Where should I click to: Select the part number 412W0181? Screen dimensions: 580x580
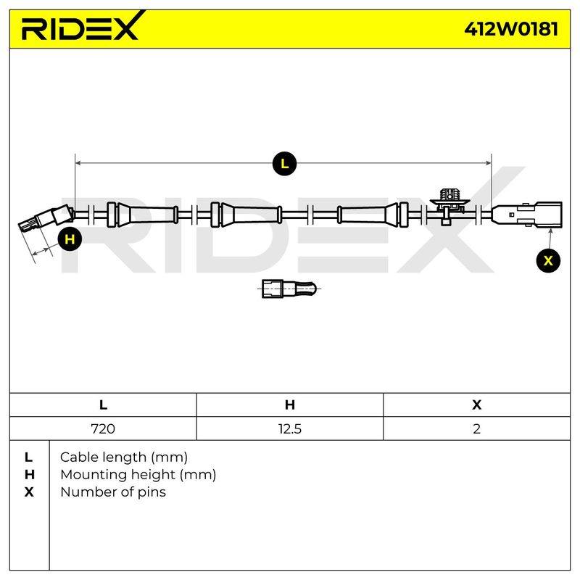(x=511, y=28)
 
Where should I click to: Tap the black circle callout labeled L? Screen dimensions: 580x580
(x=284, y=164)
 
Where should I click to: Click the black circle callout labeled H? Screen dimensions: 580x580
(x=70, y=239)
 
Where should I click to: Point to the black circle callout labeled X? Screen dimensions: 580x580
(x=548, y=261)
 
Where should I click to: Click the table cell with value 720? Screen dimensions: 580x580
(x=103, y=428)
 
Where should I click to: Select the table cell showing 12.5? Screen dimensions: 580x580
(x=289, y=428)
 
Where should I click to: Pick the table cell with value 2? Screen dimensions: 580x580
(x=476, y=428)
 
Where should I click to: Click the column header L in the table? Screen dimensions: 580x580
(x=103, y=405)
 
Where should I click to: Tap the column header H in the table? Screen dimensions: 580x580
(x=289, y=405)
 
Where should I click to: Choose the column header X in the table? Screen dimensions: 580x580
(x=476, y=405)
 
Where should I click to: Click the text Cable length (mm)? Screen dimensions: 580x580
(x=123, y=457)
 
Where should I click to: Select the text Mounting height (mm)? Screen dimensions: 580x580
(x=138, y=475)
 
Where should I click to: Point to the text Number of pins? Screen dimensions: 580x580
(x=113, y=492)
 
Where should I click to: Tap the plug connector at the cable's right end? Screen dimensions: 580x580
(x=527, y=215)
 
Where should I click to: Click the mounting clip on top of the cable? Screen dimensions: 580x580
(x=449, y=205)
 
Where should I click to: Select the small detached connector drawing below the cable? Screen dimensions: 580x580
(x=289, y=289)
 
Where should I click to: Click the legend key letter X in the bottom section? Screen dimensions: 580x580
(x=29, y=492)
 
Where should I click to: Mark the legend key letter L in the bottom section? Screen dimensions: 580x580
(x=28, y=457)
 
